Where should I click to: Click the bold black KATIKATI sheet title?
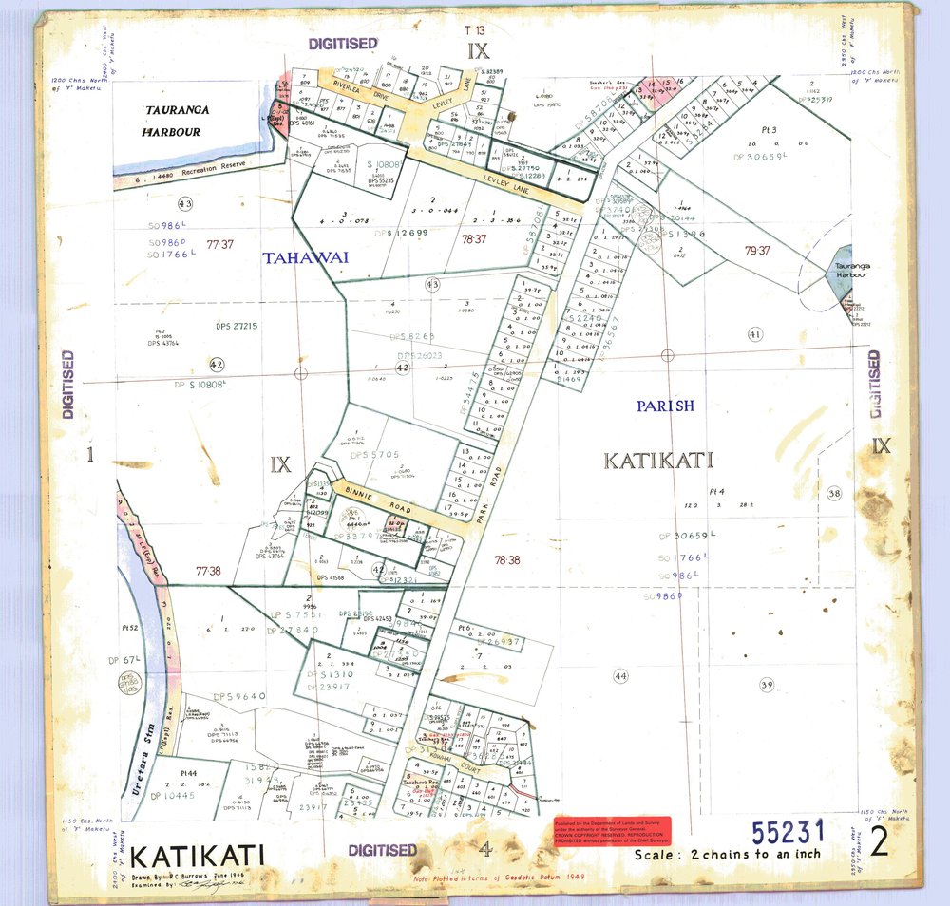197,855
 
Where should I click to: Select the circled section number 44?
621,675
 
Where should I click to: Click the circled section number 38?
834,493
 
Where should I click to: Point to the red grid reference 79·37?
757,251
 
